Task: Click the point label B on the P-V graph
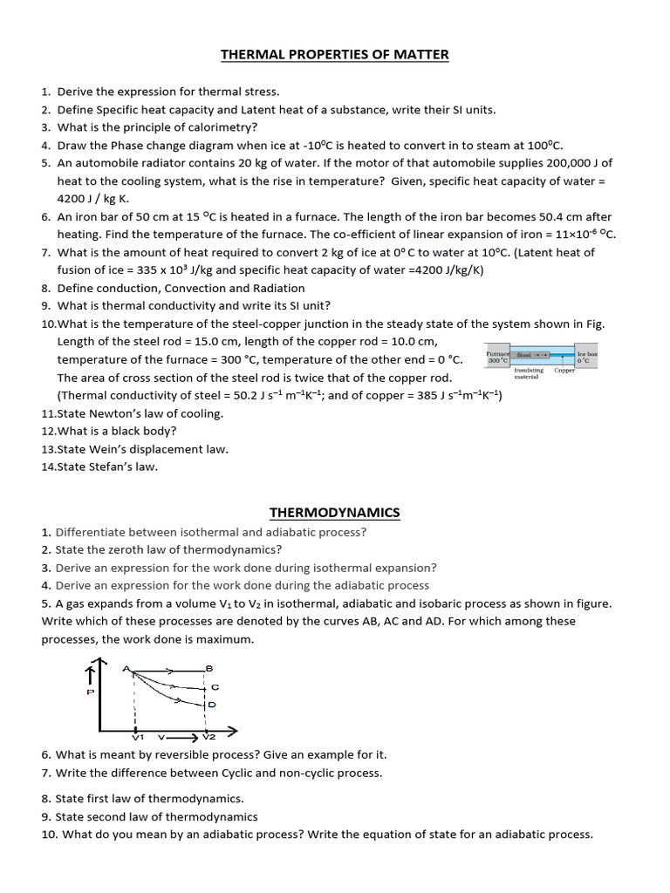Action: point(209,668)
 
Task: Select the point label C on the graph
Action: point(215,687)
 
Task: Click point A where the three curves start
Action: point(127,669)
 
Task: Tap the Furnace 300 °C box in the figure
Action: point(497,358)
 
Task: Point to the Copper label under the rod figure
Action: point(564,371)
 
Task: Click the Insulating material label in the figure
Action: point(529,374)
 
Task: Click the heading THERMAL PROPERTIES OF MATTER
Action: point(335,55)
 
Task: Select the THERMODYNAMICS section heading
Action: point(335,512)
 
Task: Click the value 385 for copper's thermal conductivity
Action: point(414,396)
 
